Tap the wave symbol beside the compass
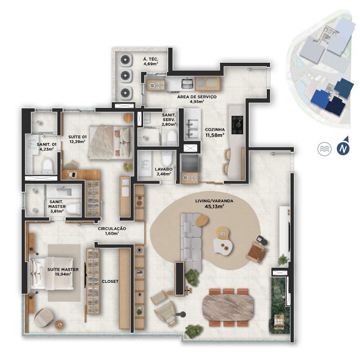coord(325,149)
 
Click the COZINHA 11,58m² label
coord(215,132)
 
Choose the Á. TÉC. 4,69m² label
coord(151,62)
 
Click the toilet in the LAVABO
coord(166,158)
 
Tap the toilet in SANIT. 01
coord(48,165)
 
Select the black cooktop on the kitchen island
coord(237,125)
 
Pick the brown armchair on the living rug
coord(257,253)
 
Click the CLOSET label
coord(110,282)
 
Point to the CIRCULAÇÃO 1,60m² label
coord(112,231)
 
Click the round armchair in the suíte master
coord(44,318)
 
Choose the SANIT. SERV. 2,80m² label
coord(169,120)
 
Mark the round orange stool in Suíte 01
coord(128,118)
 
